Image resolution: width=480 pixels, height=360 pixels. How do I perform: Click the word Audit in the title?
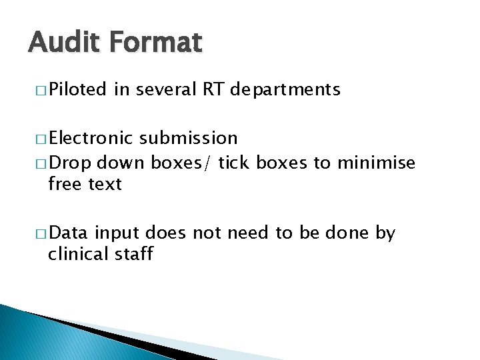click(61, 43)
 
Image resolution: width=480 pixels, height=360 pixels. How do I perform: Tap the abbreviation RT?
click(213, 89)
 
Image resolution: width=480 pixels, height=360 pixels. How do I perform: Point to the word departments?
click(285, 89)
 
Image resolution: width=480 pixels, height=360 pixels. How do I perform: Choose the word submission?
click(189, 138)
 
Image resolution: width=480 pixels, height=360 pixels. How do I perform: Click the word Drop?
click(67, 163)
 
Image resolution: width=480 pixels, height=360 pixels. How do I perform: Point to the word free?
click(65, 184)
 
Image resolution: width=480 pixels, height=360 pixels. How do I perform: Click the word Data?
click(69, 233)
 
